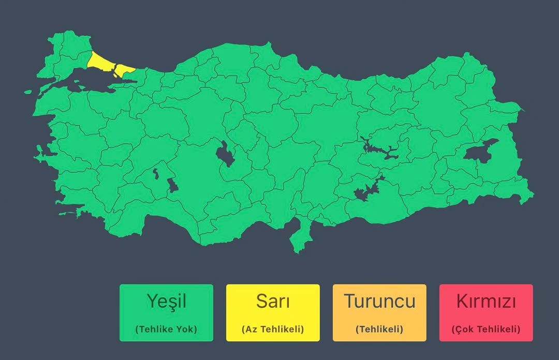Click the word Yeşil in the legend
coord(166,301)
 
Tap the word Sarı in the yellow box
coord(273,301)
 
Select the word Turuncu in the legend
coord(379,301)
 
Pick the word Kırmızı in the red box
coord(486,301)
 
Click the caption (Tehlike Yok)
coord(166,329)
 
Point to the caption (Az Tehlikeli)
coord(273,329)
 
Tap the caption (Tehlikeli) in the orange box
coord(379,329)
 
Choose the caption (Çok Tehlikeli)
coord(486,329)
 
